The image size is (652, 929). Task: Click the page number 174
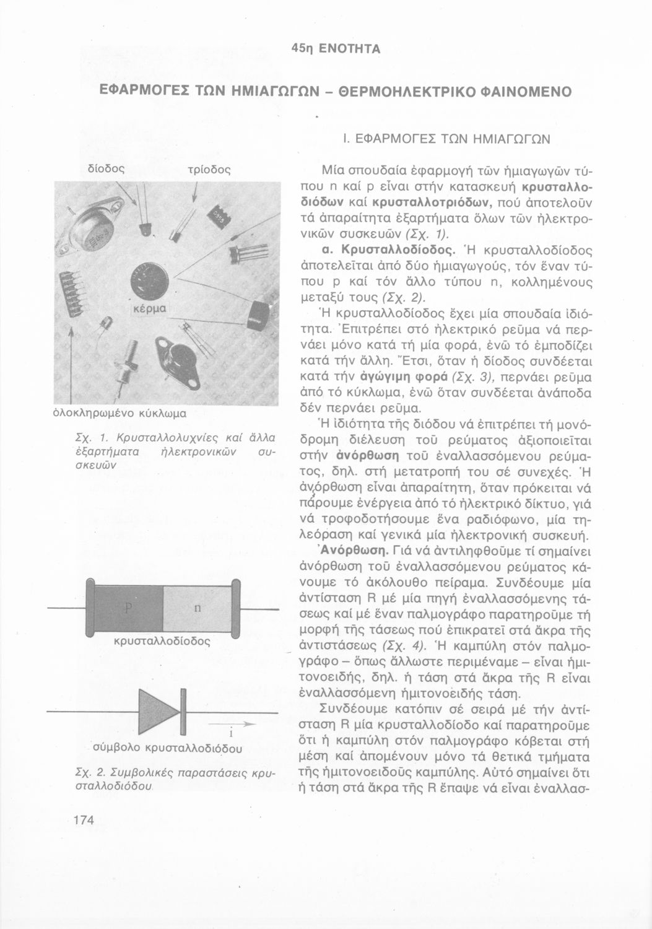pos(82,821)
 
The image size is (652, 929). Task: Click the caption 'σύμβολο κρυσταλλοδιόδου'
pos(166,747)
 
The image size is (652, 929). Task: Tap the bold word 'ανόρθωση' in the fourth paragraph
pos(363,456)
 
